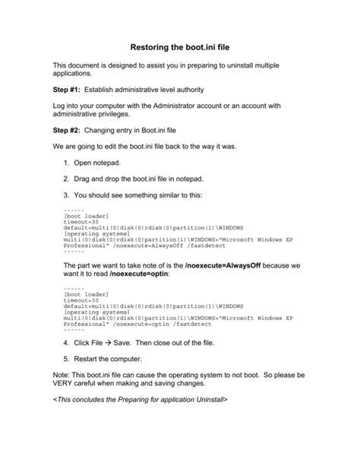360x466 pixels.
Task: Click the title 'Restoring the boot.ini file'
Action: [179, 47]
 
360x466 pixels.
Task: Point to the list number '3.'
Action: [67, 194]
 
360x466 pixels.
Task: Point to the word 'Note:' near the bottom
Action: [64, 375]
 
